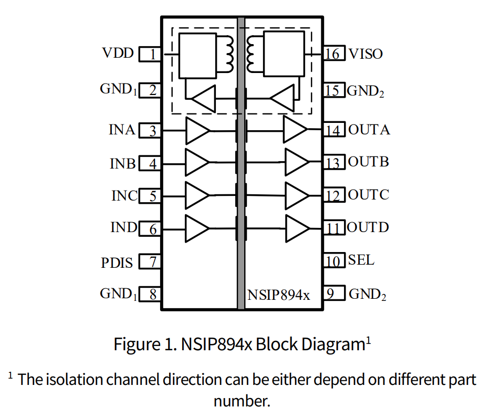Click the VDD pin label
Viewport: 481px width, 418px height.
[x=118, y=54]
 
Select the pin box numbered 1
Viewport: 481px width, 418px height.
[x=150, y=54]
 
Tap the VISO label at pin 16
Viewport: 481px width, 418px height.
[x=365, y=54]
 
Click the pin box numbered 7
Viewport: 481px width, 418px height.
[x=150, y=262]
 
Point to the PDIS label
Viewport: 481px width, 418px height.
[x=117, y=262]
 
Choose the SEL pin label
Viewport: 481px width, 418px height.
[x=361, y=260]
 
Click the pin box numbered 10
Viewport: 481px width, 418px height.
[x=333, y=261]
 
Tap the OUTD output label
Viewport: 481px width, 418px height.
[x=368, y=228]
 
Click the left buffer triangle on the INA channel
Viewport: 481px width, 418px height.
[x=196, y=130]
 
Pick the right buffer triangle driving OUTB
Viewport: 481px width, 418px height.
[x=296, y=162]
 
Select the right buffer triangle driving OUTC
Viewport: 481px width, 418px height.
[x=296, y=195]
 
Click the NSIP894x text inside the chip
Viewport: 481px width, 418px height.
[x=279, y=296]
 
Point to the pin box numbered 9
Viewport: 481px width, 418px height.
[x=333, y=294]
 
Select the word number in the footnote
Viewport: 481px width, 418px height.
[x=241, y=401]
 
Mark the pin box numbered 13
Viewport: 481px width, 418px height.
[x=333, y=163]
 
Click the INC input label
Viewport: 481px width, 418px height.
[x=124, y=196]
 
